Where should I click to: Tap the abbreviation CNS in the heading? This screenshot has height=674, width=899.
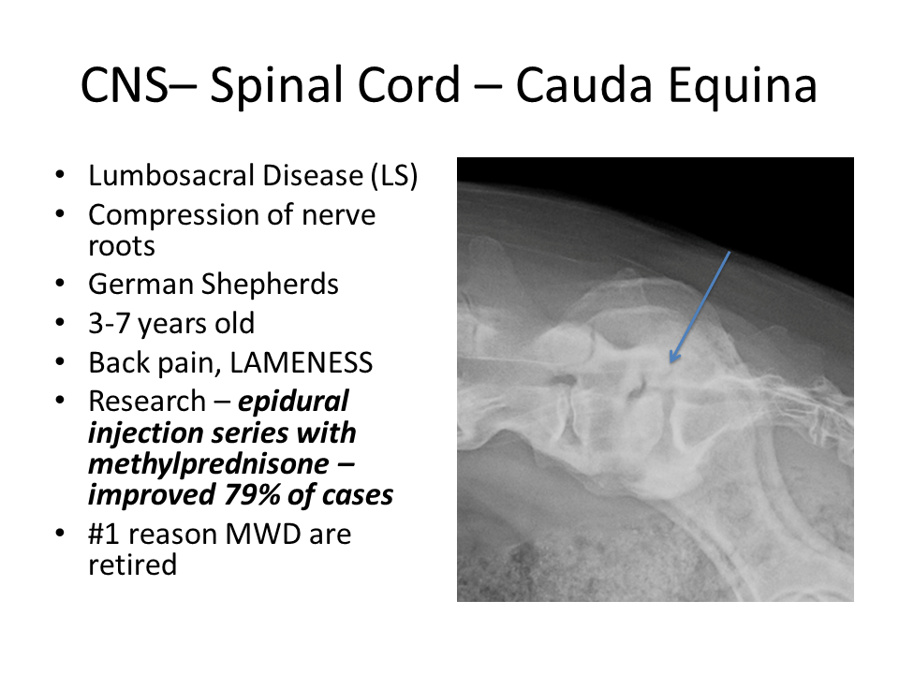125,85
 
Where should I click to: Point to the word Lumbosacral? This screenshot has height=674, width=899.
168,175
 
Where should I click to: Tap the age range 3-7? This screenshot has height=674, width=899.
109,324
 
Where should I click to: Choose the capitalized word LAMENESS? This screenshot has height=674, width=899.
301,363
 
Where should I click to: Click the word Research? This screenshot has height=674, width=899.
147,402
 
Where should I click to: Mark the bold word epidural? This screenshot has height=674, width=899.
293,403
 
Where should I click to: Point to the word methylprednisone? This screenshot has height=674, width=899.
209,464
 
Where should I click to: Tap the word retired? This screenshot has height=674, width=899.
132,565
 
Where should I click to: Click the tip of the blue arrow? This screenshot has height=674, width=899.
671,362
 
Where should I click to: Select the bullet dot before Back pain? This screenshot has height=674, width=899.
60,362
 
